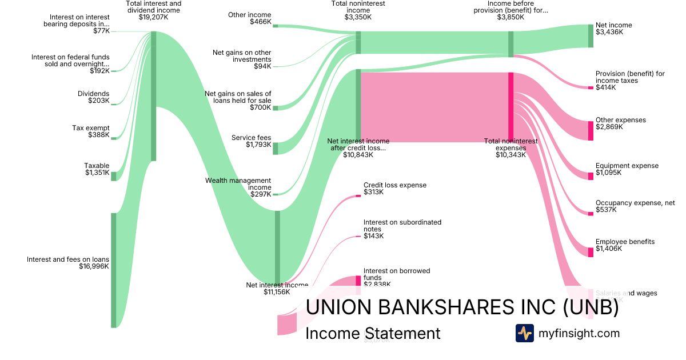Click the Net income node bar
591,36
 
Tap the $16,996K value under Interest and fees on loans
94,266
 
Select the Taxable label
97,166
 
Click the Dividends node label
93,94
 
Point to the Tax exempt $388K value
98,135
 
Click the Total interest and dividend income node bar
153,96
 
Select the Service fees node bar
275,149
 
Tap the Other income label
249,15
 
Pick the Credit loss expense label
394,185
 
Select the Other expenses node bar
591,131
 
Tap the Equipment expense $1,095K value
609,173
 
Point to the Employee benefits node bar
591,252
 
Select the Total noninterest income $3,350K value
358,17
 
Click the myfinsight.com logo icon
524,333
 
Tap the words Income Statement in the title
373,334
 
